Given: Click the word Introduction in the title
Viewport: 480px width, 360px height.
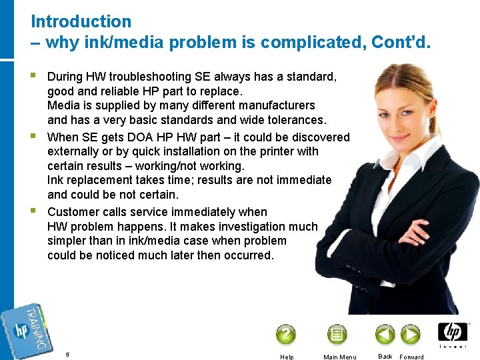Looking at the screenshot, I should [x=81, y=22].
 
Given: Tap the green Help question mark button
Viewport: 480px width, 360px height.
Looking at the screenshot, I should [x=285, y=334].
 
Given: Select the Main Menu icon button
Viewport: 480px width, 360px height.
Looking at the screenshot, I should [x=337, y=334].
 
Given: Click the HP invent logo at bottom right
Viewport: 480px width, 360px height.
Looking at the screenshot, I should [x=453, y=334].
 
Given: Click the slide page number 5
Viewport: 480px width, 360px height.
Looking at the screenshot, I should [x=67, y=354].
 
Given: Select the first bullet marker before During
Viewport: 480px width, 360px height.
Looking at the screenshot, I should [x=34, y=76].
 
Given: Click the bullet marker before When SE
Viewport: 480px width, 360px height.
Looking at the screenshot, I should [x=34, y=137].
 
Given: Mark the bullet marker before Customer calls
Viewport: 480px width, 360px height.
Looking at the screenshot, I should [x=34, y=211].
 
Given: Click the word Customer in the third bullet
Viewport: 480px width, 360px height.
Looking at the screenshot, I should [x=73, y=212].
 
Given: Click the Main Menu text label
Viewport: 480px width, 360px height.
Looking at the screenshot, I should [x=339, y=357].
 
